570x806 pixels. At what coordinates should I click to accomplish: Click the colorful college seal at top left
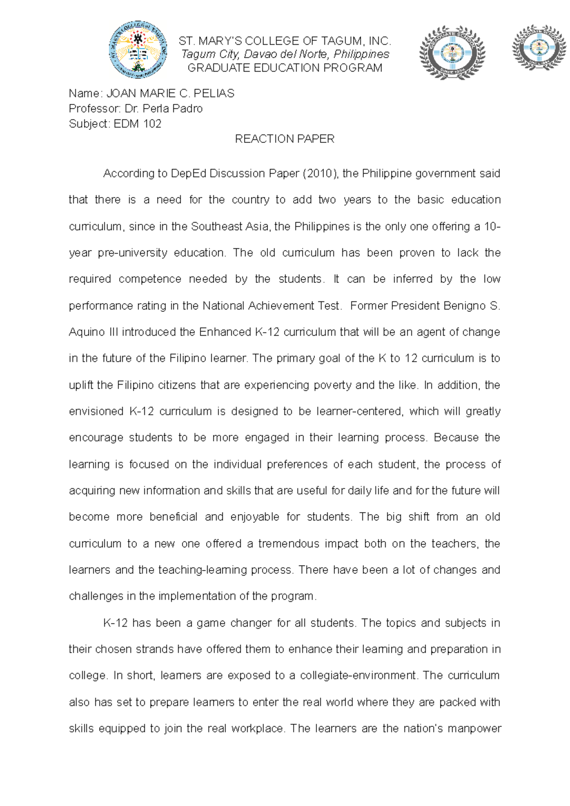pyautogui.click(x=138, y=50)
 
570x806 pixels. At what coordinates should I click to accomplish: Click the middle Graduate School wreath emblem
pyautogui.click(x=452, y=52)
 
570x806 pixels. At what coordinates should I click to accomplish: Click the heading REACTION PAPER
pyautogui.click(x=285, y=139)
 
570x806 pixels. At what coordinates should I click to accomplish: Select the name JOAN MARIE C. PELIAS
pyautogui.click(x=170, y=94)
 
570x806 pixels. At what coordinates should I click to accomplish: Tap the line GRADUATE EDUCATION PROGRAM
pyautogui.click(x=285, y=68)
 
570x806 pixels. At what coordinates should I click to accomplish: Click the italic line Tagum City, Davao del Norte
pyautogui.click(x=285, y=54)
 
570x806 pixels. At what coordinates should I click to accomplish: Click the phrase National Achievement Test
pyautogui.click(x=272, y=306)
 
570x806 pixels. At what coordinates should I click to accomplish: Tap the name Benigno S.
pyautogui.click(x=471, y=306)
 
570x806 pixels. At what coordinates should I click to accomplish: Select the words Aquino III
pyautogui.click(x=94, y=332)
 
